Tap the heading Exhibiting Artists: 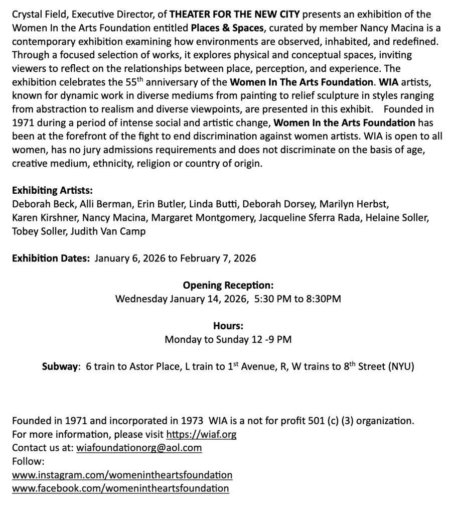coord(53,191)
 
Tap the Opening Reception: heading coord(228,285)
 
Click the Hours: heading coord(228,326)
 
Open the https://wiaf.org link coord(201,434)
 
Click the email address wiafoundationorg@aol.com coord(139,447)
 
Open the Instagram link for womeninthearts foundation coord(122,474)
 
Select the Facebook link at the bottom coord(120,488)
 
